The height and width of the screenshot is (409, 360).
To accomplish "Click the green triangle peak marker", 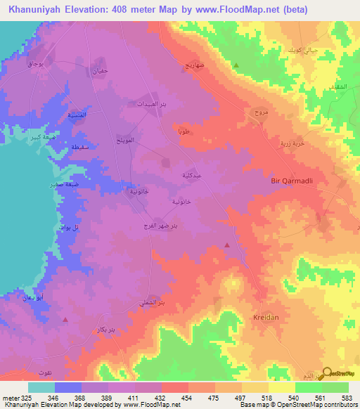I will coord(236,66).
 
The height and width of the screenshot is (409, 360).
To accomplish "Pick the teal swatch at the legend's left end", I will coord(41,387).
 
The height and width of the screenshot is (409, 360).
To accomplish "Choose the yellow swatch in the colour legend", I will coord(282,387).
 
